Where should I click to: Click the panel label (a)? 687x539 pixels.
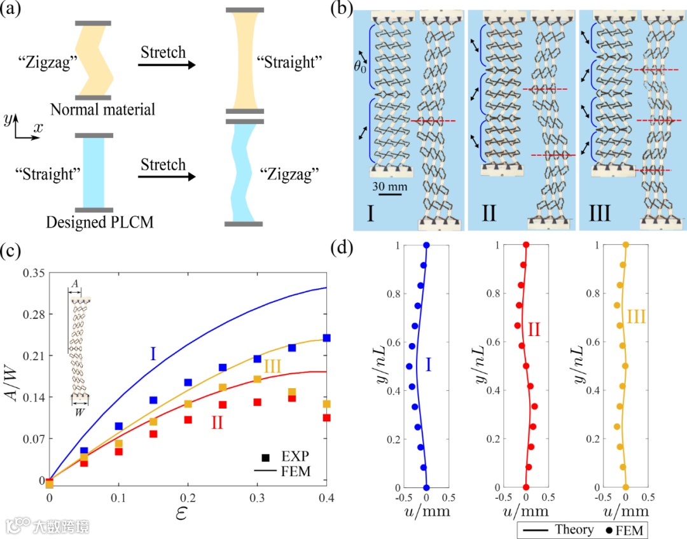13,11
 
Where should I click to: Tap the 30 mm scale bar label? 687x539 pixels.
387,187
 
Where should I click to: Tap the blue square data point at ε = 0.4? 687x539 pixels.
326,338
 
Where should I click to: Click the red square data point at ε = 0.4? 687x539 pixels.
326,418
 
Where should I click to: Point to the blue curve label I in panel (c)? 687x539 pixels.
153,353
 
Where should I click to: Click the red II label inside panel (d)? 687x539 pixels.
533,329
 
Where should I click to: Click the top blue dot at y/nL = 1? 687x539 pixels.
426,245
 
